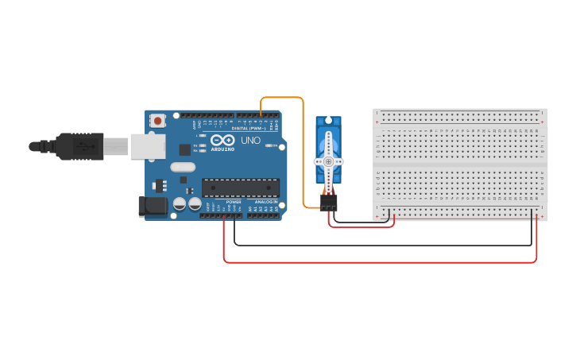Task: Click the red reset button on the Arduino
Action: [x=158, y=122]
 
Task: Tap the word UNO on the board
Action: [x=251, y=140]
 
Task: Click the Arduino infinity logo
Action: [x=222, y=140]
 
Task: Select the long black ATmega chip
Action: [x=240, y=188]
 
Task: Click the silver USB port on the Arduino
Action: [x=149, y=145]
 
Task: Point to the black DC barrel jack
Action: [x=152, y=207]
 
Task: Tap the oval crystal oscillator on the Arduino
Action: [x=182, y=167]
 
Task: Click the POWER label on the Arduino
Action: [x=234, y=202]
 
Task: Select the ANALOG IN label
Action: [x=265, y=202]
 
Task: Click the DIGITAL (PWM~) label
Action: [x=249, y=128]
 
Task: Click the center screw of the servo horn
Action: [x=328, y=161]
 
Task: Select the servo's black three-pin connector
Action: [x=328, y=203]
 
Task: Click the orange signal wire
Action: [x=303, y=151]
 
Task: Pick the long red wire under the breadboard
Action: [x=381, y=261]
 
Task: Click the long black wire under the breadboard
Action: [x=381, y=246]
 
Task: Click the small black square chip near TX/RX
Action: [x=185, y=149]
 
